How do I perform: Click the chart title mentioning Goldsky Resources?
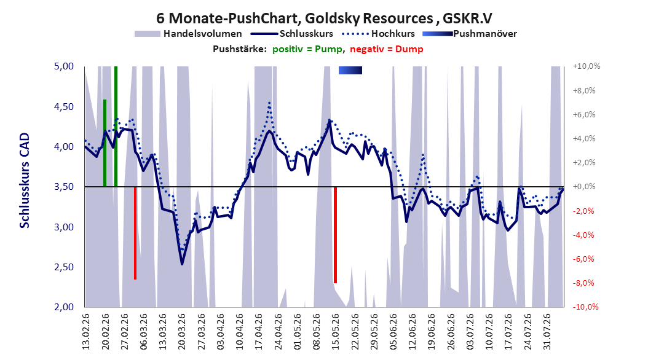tap(324, 18)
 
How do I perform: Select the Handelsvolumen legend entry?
tap(188, 34)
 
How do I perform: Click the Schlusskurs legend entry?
tap(292, 34)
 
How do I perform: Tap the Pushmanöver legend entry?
tap(470, 34)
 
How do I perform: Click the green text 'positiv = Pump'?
tap(307, 49)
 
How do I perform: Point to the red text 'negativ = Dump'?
tap(387, 49)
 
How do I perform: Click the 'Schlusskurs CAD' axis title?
tap(25, 181)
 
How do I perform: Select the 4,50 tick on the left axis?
tap(64, 107)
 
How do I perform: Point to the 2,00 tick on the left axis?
tap(64, 307)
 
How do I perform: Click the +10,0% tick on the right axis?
tap(587, 66)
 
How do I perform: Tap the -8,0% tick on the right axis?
tap(585, 283)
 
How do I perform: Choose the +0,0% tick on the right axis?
tap(584, 187)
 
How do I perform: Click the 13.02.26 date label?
tap(86, 332)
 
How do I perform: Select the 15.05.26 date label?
tap(336, 332)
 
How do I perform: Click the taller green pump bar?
tap(116, 127)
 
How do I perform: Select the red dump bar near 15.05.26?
tap(335, 235)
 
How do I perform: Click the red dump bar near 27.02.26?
tap(135, 233)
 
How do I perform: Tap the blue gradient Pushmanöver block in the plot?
tap(350, 70)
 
